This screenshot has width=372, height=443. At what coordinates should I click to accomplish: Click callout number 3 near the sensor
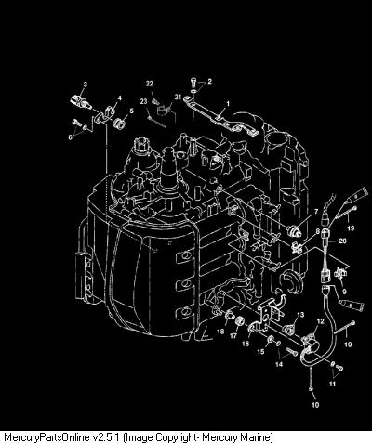point(86,84)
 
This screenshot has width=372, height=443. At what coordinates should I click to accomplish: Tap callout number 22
point(150,84)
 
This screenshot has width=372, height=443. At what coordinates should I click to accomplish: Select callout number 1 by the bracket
point(228,103)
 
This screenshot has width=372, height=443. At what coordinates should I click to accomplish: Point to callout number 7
point(316,212)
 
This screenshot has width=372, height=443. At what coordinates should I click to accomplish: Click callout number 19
point(351,228)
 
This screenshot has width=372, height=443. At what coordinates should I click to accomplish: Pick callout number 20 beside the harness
point(343,241)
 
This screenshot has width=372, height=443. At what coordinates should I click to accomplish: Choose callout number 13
point(300,315)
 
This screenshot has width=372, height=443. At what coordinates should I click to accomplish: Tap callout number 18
point(220,332)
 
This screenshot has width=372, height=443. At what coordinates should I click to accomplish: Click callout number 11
point(332,384)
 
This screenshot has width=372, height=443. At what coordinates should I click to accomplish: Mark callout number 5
point(131,111)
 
